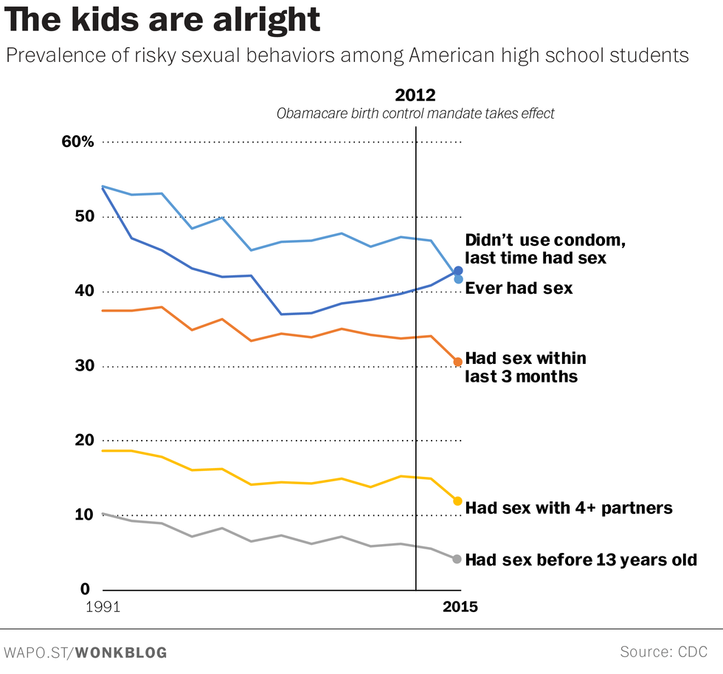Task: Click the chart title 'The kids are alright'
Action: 162,20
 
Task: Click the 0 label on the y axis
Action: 86,589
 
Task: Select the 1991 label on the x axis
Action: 103,608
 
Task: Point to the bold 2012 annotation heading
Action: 415,95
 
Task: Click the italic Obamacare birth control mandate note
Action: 415,114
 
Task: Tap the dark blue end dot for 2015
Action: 458,271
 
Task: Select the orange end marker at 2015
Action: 458,362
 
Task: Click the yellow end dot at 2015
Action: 458,501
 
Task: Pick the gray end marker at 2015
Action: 458,559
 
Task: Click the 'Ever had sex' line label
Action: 519,288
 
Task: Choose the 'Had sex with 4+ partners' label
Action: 569,508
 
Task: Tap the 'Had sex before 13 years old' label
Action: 581,560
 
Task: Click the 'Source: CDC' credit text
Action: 664,652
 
